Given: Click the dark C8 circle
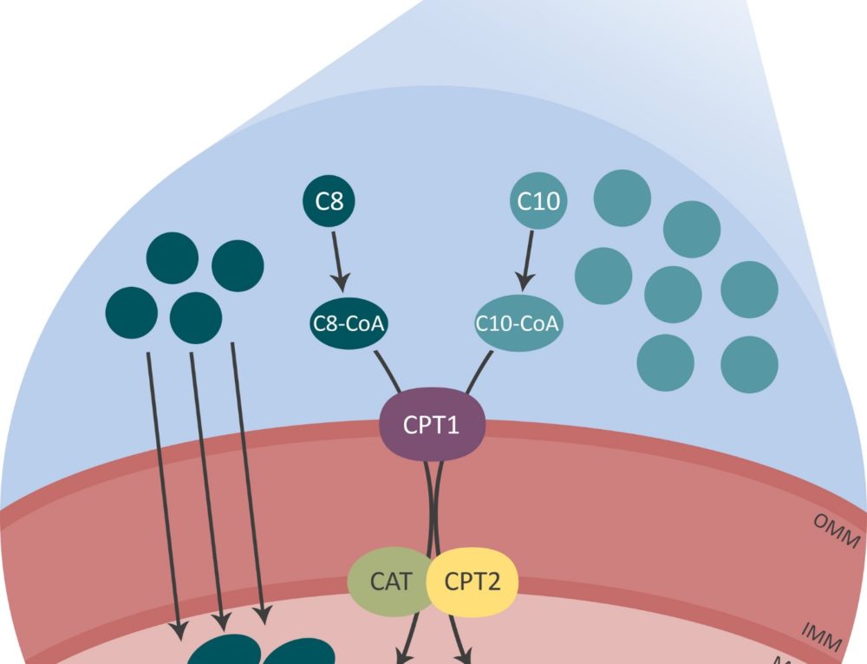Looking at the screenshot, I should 329,202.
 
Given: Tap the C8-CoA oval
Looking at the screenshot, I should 348,324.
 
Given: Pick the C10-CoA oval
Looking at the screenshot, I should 518,324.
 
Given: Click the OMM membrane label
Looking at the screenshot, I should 835,531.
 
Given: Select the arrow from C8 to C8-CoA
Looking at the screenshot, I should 338,259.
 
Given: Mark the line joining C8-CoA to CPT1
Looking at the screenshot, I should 387,371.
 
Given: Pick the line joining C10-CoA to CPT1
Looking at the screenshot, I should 479,371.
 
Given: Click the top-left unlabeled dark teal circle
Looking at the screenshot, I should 173,258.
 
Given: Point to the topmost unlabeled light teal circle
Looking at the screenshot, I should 622,199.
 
